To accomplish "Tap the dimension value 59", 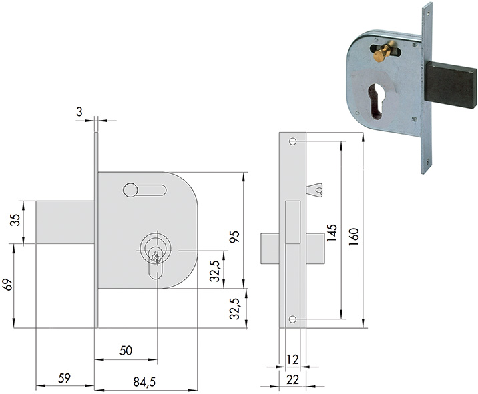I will [x=65, y=378].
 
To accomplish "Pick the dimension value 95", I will [x=234, y=237].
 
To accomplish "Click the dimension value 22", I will [x=291, y=379].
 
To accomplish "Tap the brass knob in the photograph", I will [x=381, y=53].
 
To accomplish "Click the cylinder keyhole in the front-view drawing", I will [x=157, y=256].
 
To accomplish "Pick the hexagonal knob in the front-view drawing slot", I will [x=130, y=191].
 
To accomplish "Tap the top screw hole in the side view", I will [x=292, y=142].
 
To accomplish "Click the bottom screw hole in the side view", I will [x=292, y=320].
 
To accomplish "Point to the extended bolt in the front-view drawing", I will [x=64, y=223].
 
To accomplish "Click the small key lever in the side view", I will [x=314, y=191].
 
